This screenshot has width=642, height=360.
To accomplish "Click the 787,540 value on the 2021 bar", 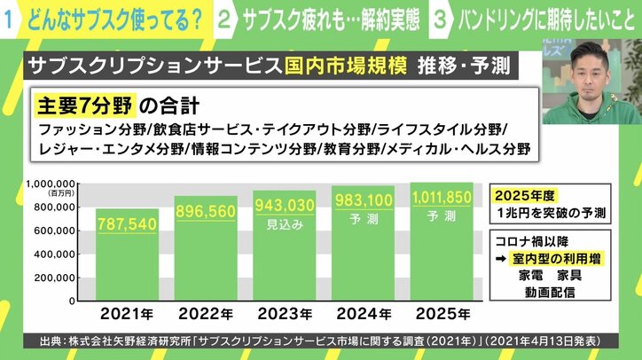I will click(127, 224).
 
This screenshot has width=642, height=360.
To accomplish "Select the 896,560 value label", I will click(205, 212).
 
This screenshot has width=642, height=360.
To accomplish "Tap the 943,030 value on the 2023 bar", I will click(285, 206).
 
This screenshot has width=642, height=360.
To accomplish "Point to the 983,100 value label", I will click(363, 201).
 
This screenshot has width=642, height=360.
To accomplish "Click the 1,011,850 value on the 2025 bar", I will click(441, 197).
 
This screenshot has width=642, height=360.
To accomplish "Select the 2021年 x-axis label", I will click(127, 313).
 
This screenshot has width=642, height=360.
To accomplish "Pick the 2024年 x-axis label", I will click(363, 313).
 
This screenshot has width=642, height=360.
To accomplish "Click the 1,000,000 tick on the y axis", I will click(50, 184).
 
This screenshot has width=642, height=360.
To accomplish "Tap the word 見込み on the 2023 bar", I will click(285, 225).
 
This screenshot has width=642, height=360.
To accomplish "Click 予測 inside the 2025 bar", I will click(441, 215).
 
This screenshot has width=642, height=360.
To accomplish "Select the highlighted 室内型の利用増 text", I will click(559, 258).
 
